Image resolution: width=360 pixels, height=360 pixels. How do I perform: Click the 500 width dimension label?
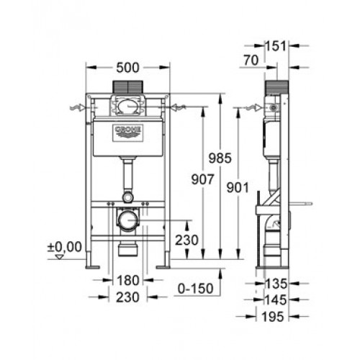tap(127, 68)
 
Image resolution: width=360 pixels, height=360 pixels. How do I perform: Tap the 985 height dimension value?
tap(220, 158)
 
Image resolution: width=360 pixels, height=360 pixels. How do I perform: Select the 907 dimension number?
tap(202, 179)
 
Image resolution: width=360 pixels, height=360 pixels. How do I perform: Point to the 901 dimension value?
tap(238, 188)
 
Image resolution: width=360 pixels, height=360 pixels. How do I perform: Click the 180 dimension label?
tap(128, 280)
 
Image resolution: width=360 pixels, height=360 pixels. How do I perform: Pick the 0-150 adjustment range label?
tap(195, 288)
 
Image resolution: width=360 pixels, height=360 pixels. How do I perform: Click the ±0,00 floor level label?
tap(64, 247)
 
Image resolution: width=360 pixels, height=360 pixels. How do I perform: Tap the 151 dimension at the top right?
tap(276, 46)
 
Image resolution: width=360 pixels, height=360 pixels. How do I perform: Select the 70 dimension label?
tap(251, 60)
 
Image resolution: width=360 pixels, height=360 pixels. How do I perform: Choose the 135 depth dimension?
tap(276, 284)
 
